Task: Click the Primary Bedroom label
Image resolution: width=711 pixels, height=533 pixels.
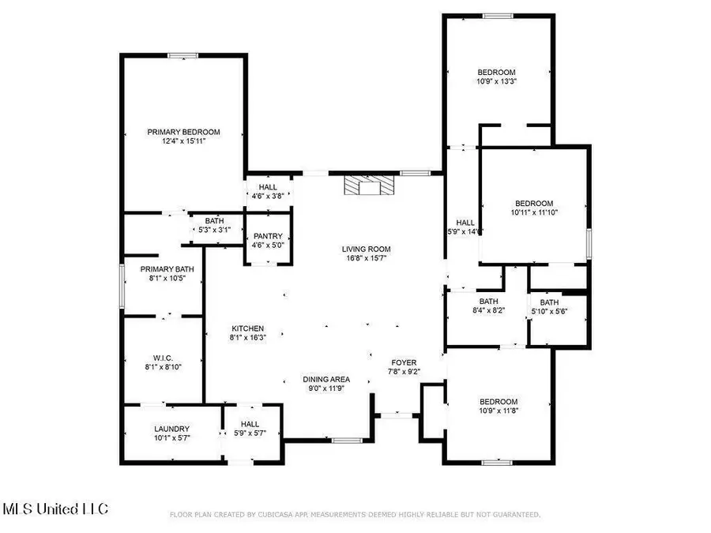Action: pyautogui.click(x=183, y=133)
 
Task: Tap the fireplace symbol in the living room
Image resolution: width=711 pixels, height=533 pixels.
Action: pyautogui.click(x=368, y=185)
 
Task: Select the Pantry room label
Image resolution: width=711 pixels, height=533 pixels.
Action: pyautogui.click(x=268, y=236)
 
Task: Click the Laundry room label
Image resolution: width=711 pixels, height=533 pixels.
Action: pyautogui.click(x=171, y=429)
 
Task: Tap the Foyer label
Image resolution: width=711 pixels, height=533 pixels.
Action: pyautogui.click(x=404, y=363)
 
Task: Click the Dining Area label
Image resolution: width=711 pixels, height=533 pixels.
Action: pyautogui.click(x=326, y=379)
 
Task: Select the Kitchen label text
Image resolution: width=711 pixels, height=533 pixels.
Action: pyautogui.click(x=247, y=329)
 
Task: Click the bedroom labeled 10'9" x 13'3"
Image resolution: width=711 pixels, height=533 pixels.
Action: pyautogui.click(x=496, y=73)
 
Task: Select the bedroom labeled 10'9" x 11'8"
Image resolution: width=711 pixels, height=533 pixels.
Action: pyautogui.click(x=498, y=401)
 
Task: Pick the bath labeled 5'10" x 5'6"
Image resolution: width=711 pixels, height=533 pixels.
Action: pyautogui.click(x=549, y=302)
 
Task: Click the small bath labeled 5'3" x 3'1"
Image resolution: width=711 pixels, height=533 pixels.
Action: pyautogui.click(x=214, y=221)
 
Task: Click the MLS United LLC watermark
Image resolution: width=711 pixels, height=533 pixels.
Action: pyautogui.click(x=55, y=508)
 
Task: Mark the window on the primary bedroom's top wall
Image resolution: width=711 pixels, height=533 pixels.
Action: pyautogui.click(x=182, y=55)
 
